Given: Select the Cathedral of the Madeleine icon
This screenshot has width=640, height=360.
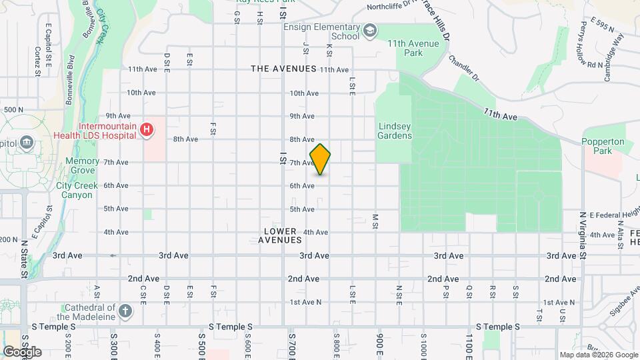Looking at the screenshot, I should tap(125, 310).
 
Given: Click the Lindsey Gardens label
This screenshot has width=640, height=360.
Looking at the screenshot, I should tap(395, 131).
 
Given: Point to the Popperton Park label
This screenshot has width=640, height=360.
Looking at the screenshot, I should tap(603, 146).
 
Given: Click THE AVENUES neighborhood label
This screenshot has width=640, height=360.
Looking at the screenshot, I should tap(283, 69).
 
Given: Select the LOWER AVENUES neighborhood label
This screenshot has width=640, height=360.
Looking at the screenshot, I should tap(280, 235).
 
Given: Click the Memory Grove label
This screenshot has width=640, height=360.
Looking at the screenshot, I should tap(83, 166).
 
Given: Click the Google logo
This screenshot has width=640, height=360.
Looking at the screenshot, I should tap(21, 351).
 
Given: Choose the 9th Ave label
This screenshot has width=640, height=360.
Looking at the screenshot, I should tap(302, 116).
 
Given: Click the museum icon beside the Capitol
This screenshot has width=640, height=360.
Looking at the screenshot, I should tap(27, 143).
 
